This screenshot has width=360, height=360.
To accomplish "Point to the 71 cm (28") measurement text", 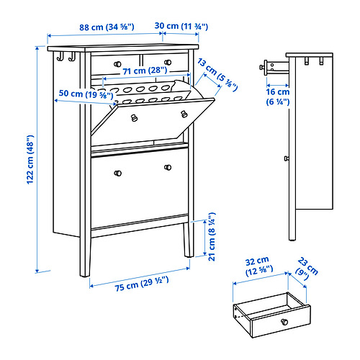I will pyautogui.click(x=144, y=71).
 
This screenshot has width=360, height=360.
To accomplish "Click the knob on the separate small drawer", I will pyautogui.click(x=283, y=320).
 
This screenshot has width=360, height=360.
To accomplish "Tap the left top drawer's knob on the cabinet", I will pyautogui.click(x=117, y=63).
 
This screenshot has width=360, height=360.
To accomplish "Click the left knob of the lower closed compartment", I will pyautogui.click(x=117, y=171).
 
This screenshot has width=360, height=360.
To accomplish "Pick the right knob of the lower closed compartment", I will pyautogui.click(x=168, y=168).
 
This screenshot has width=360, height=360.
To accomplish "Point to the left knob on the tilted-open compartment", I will pyautogui.click(x=133, y=118).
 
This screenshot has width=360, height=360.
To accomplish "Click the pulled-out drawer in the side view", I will pyautogui.click(x=271, y=67).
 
